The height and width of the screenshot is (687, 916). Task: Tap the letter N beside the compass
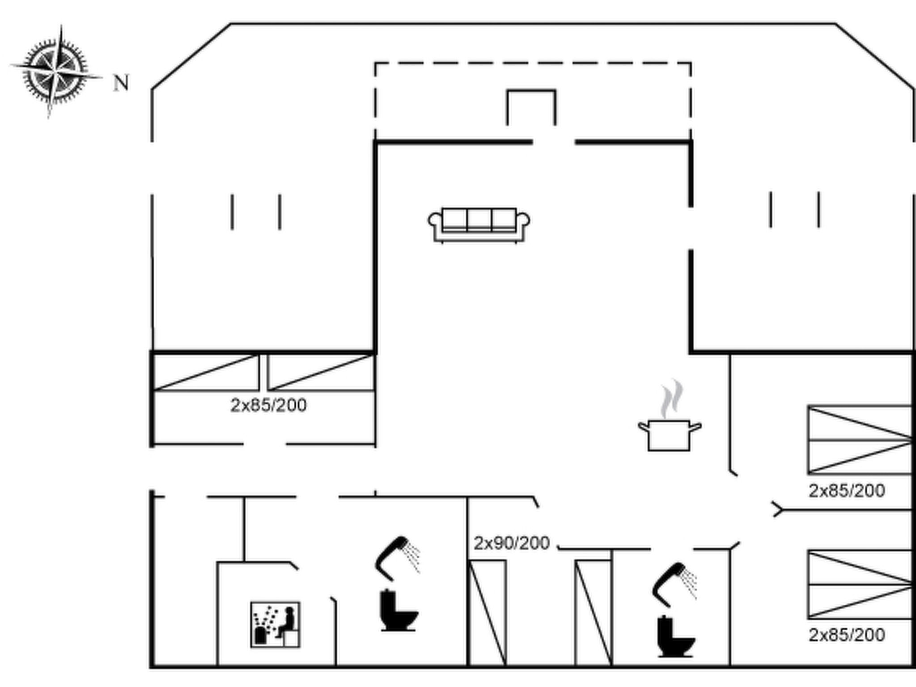pos(121,83)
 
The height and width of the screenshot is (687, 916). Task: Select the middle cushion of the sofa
pos(479,220)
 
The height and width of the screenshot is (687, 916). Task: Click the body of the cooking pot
pos(669,435)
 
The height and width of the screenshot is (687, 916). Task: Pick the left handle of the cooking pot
pos(643,426)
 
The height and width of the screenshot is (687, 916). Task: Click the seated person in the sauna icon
pos(287,622)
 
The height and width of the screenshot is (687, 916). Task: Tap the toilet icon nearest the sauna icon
pos(398,611)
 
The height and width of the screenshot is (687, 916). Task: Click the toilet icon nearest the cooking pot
pos(675,637)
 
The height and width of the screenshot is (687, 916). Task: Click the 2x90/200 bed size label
pos(511,543)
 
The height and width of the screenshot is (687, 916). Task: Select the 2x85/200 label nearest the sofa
pos(268,405)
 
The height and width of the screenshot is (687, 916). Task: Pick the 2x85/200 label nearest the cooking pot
pos(847,491)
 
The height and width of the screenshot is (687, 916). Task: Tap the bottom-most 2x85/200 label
pos(847,635)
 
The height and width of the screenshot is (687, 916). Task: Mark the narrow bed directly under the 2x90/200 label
pos(488,613)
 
